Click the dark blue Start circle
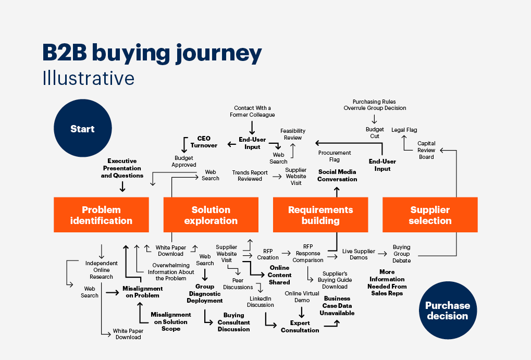[82, 129]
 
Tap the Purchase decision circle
[447, 311]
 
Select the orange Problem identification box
[101, 215]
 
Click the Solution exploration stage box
[211, 215]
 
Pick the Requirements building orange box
[320, 215]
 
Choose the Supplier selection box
[430, 215]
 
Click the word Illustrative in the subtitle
[89, 78]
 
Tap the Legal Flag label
[404, 130]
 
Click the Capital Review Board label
[426, 150]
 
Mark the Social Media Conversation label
[338, 176]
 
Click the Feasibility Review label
[292, 134]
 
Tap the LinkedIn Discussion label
[261, 302]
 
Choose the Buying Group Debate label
[401, 254]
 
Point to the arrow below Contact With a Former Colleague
[252, 127]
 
